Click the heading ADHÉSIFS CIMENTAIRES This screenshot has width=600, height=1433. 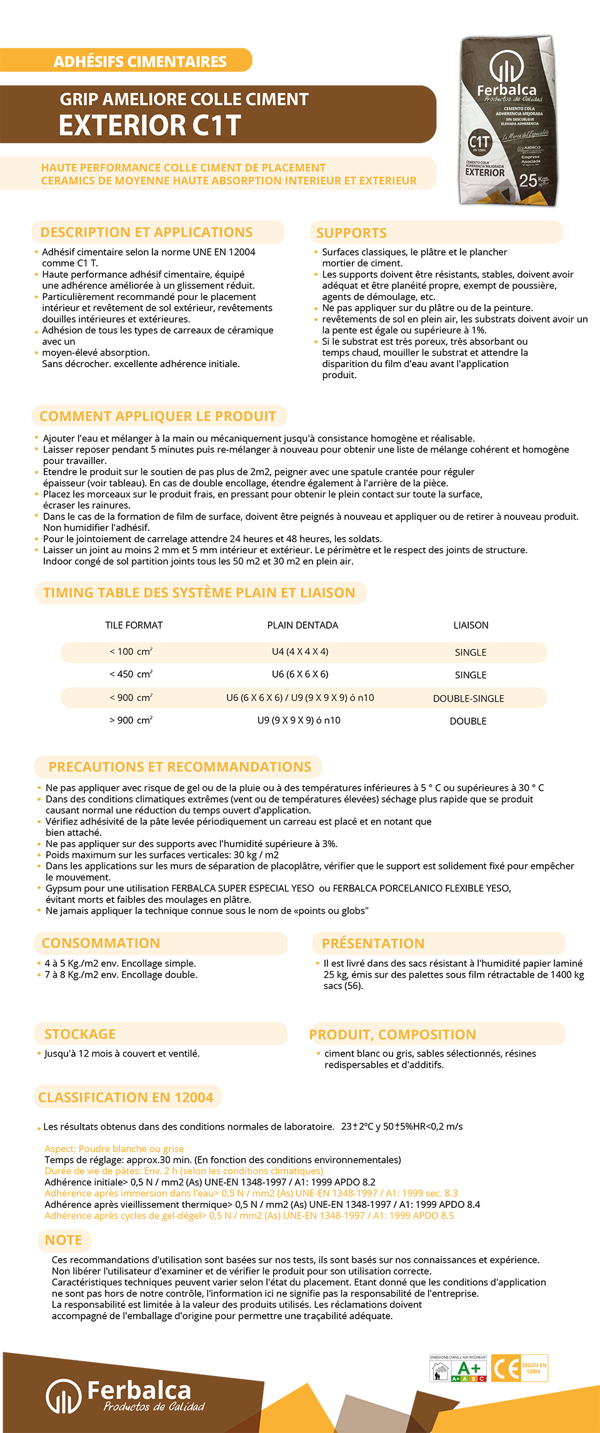[140, 62]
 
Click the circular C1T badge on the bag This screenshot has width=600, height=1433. [479, 143]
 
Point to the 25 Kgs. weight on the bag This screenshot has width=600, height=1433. [533, 180]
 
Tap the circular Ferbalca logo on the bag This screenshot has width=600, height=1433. [505, 66]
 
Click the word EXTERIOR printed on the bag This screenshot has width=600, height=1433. [485, 173]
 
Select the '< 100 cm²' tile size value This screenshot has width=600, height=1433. [131, 651]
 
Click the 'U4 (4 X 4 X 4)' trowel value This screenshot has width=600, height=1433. [300, 651]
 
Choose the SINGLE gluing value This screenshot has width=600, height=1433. [471, 652]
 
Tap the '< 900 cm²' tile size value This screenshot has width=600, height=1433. [131, 698]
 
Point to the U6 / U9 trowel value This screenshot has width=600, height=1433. [300, 698]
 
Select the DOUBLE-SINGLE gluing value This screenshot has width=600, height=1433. [469, 698]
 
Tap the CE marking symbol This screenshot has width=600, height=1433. [506, 1369]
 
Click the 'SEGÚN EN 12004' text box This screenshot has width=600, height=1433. [534, 1368]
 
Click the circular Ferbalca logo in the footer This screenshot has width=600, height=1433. [64, 1395]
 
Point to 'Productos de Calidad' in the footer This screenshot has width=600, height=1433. [154, 1407]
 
